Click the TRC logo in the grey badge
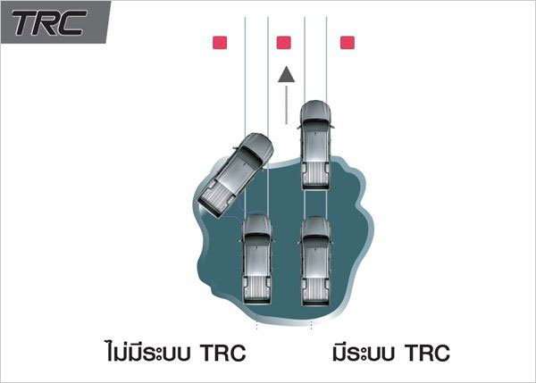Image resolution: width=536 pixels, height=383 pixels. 49,22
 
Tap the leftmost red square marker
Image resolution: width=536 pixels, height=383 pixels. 220,43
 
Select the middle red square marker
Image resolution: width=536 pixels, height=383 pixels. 284,43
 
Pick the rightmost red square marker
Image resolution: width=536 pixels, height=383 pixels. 348,43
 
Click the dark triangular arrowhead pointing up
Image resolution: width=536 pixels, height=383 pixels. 287,74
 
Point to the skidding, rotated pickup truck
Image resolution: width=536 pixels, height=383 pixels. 236,175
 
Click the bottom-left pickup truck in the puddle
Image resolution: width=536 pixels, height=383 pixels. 257,260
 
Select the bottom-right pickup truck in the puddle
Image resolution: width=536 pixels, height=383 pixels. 316,261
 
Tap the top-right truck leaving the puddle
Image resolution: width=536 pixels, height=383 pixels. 316,146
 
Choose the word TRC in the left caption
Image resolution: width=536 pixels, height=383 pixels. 222,353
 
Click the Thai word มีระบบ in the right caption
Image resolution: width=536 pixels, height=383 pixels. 364,353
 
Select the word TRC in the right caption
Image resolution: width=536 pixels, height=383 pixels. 427,353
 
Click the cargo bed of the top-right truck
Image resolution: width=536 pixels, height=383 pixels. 316,171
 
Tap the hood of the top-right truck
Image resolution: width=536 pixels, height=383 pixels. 315,110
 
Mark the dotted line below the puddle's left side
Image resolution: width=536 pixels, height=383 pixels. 256,325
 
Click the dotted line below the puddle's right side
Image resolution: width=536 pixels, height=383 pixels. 311,326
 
